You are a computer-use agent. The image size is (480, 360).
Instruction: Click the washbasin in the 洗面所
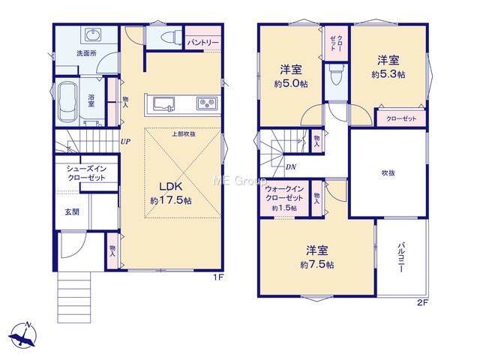pyautogui.click(x=92, y=34)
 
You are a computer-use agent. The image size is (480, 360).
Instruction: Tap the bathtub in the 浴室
pyautogui.click(x=67, y=102)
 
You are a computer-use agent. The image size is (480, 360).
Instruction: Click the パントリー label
pyautogui.click(x=203, y=43)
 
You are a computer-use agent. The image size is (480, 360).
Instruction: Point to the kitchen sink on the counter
pyautogui.click(x=163, y=103)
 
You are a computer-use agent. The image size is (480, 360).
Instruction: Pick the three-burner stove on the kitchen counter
pyautogui.click(x=207, y=103)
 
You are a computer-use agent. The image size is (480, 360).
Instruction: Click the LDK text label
pyautogui.click(x=171, y=187)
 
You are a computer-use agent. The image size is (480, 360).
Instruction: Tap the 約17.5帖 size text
pyautogui.click(x=171, y=200)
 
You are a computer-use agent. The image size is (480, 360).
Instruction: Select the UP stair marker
pyautogui.click(x=125, y=142)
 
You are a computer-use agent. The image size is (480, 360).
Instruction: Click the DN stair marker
pyautogui.click(x=291, y=167)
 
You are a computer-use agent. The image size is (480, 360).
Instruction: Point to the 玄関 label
pyautogui.click(x=72, y=211)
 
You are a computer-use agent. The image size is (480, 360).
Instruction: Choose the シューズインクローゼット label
pyautogui.click(x=87, y=173)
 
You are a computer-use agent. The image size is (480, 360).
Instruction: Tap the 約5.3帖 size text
pyautogui.click(x=388, y=74)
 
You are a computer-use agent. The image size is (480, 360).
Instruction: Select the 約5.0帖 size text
pyautogui.click(x=291, y=84)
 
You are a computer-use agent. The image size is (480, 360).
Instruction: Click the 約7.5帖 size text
pyautogui.click(x=316, y=265)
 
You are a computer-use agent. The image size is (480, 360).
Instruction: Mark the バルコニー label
pyautogui.click(x=401, y=257)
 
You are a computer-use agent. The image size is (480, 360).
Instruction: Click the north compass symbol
pyautogui.click(x=22, y=335)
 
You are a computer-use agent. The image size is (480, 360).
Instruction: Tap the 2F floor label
pyautogui.click(x=422, y=303)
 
